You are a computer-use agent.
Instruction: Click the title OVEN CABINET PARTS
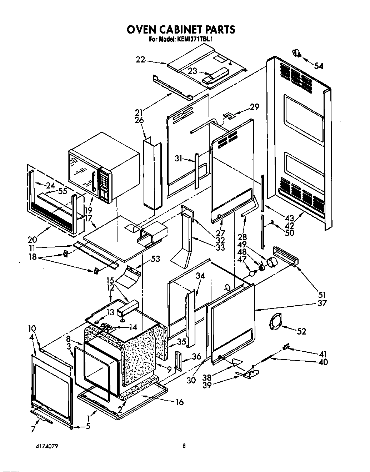point(181,29)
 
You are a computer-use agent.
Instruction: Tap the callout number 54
point(318,66)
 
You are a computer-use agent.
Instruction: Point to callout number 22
point(140,60)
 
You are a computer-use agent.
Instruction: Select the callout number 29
point(254,107)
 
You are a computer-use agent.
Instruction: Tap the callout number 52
point(301,331)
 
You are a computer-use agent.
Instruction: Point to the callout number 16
point(179,402)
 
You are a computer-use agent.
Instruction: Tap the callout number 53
point(155,258)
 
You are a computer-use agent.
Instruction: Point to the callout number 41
point(322,354)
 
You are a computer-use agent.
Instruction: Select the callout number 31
point(179,157)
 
